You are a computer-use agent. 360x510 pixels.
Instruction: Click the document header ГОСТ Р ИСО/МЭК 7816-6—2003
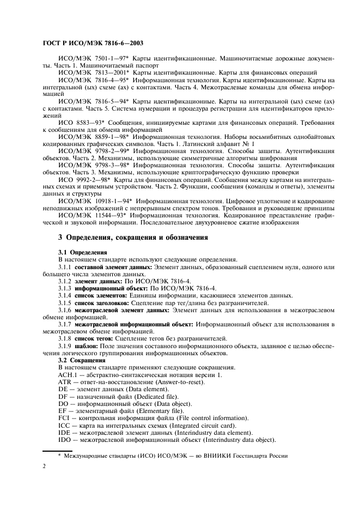pyautogui.click(x=93, y=42)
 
